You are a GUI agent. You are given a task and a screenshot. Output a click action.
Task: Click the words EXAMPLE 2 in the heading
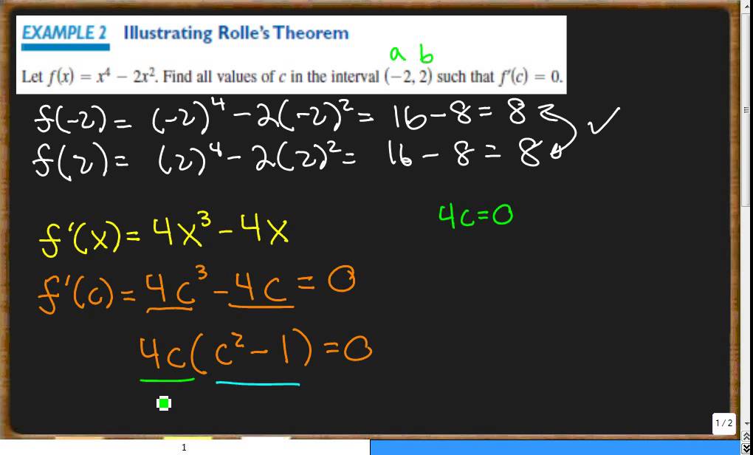click(65, 33)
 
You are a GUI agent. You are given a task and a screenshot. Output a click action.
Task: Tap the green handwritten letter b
click(425, 54)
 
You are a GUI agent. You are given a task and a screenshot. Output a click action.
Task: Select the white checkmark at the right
click(602, 121)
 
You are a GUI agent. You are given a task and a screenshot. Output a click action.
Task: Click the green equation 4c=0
click(475, 216)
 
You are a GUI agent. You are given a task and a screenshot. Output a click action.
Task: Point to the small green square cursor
click(164, 403)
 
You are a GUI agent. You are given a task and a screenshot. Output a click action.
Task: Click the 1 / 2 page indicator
click(723, 423)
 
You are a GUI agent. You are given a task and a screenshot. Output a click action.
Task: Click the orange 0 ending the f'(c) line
click(341, 282)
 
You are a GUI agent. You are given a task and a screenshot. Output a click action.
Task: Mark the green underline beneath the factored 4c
click(167, 380)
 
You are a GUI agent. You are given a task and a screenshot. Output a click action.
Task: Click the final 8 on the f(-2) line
click(517, 114)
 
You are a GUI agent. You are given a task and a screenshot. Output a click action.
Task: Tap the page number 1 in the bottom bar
click(184, 448)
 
